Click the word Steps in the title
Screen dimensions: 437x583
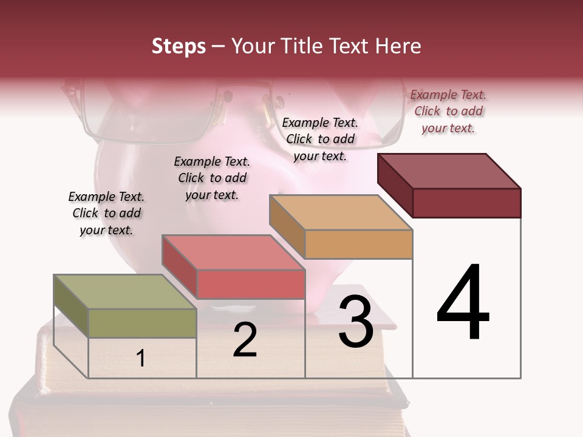pos(179,46)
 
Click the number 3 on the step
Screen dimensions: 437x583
pos(355,322)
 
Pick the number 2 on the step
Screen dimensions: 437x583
pos(245,340)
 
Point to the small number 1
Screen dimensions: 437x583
pos(141,358)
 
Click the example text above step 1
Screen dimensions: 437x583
pos(106,213)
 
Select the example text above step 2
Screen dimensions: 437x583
pos(212,178)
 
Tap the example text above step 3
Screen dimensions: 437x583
pos(320,139)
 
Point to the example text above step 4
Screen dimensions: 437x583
pos(448,111)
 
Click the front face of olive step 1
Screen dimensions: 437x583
pos(142,323)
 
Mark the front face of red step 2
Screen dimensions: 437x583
pos(250,284)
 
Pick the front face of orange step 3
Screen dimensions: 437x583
pos(358,244)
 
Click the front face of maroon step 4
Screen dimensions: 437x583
pos(466,202)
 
